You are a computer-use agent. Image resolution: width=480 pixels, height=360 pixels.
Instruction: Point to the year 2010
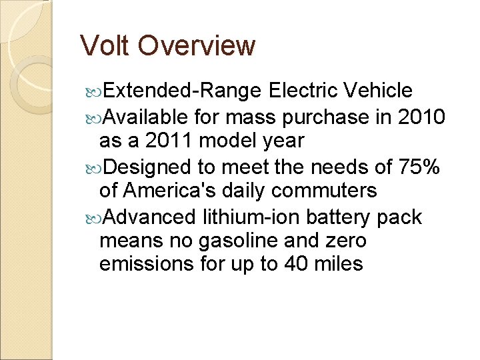point(421,117)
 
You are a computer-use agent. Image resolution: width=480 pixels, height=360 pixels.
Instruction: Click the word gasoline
point(231,240)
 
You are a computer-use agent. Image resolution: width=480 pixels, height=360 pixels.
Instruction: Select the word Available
point(146,117)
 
